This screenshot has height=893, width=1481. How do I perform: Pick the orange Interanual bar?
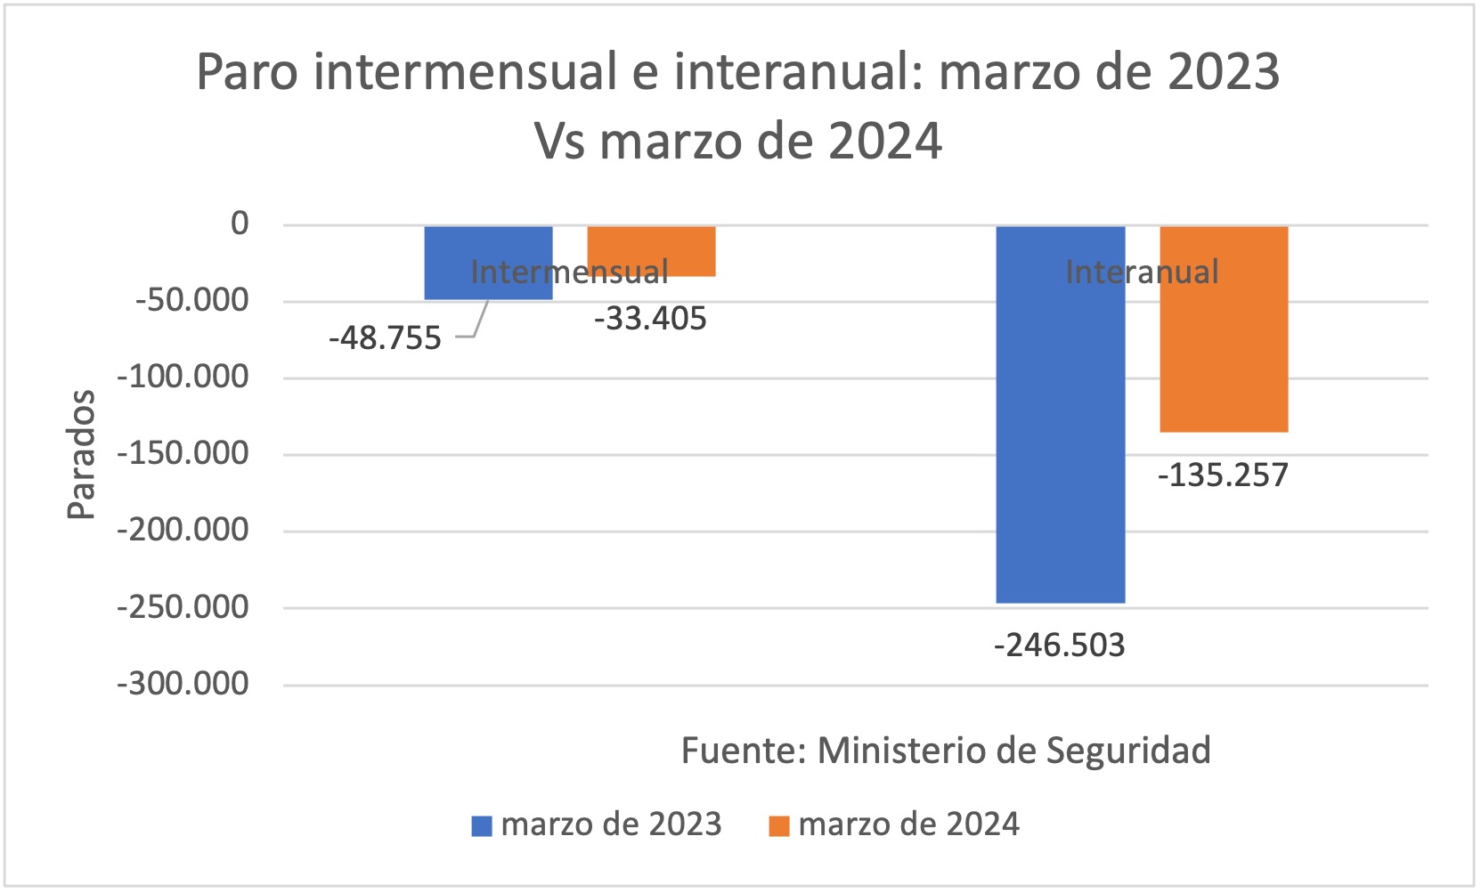1224,356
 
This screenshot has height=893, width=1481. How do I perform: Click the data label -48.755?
385,338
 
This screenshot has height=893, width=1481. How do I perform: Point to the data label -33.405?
650,319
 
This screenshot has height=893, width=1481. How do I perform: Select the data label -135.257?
1223,475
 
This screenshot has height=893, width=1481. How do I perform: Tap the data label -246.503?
1059,645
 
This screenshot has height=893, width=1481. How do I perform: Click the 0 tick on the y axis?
240,223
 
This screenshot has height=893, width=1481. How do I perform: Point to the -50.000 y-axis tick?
191,300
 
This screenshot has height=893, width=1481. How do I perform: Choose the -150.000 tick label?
183,454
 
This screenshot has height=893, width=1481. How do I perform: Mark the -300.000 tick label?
183,684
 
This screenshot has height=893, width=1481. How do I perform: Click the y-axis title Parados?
81,454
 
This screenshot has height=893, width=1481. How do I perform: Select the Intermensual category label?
569,272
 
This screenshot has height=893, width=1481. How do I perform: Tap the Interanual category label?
1142,272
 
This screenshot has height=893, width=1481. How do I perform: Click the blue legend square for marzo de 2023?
482,826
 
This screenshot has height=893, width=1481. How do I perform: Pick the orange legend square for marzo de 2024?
779,826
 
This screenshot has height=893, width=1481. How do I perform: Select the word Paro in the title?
248,72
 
